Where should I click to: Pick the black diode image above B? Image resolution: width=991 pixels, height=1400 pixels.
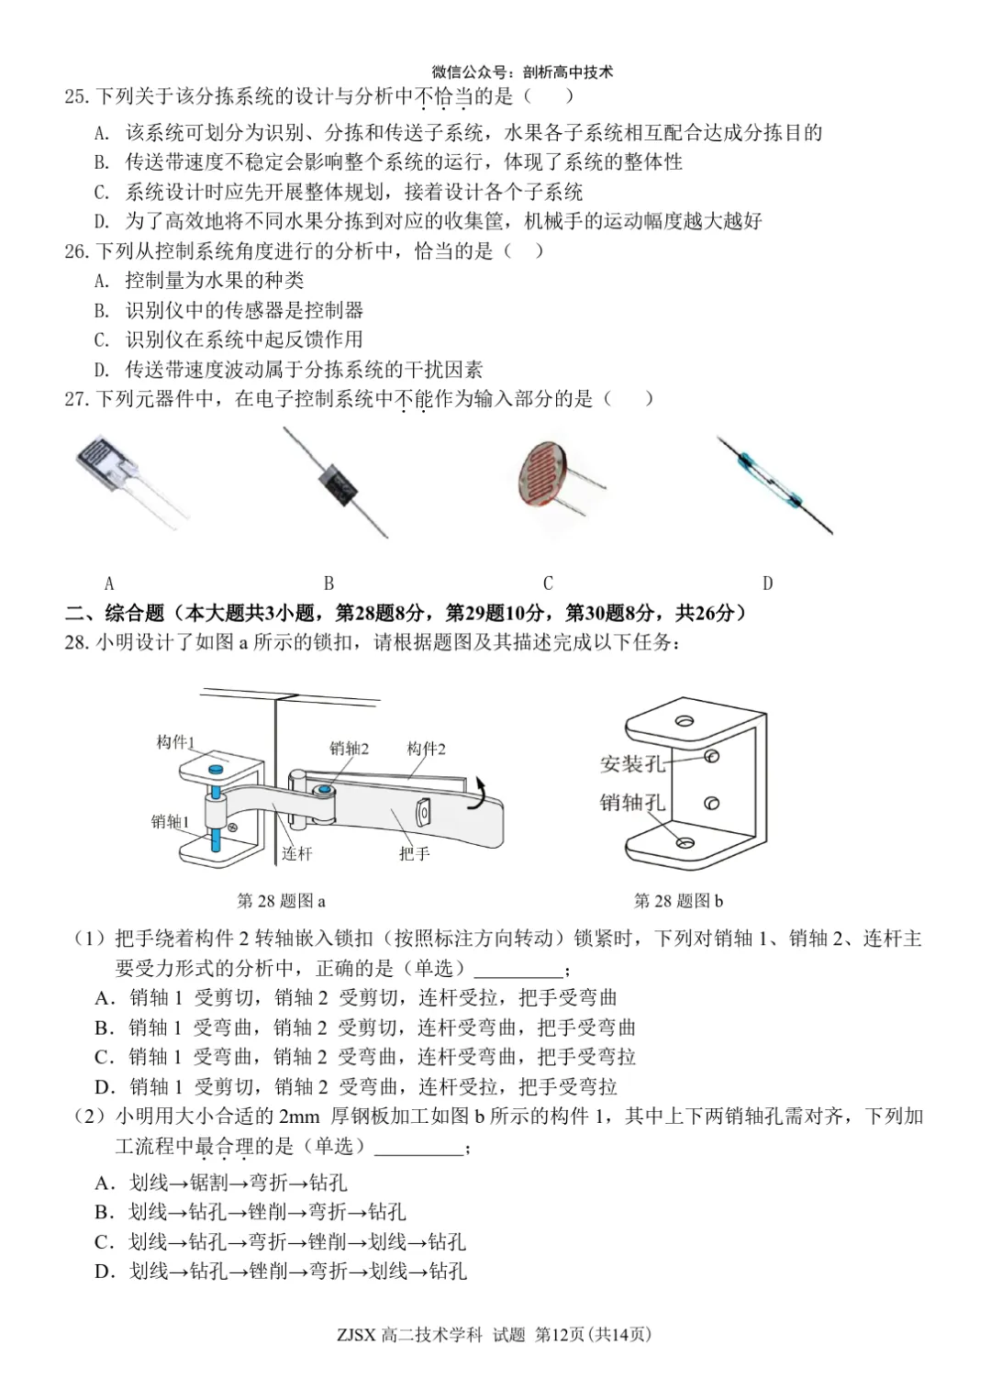(337, 483)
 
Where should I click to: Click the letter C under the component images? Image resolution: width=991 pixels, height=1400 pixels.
(548, 583)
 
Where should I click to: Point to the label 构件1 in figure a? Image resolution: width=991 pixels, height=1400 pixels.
(175, 742)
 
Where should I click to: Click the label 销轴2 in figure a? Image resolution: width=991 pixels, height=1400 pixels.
(349, 749)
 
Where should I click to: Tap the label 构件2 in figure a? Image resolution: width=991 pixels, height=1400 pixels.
(426, 749)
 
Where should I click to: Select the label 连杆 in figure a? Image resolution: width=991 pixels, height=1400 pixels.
(296, 854)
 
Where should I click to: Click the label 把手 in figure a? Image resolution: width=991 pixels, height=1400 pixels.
(414, 854)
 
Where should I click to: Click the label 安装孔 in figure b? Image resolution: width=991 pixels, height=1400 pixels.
(631, 764)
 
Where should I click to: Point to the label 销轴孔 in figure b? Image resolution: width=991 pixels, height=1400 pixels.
(631, 803)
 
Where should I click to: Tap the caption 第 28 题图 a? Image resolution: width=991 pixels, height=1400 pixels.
(281, 901)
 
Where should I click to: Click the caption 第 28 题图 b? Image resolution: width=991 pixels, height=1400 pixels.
(678, 901)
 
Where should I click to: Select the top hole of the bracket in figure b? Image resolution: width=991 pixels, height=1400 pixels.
(684, 721)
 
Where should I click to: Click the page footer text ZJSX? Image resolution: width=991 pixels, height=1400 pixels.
(356, 1335)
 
